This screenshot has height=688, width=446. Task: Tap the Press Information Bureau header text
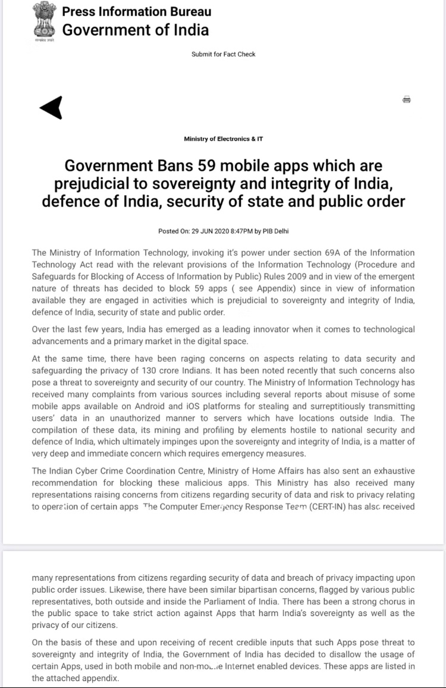pos(136,11)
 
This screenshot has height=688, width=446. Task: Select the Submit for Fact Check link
pos(223,54)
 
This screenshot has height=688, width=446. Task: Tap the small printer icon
pos(407,99)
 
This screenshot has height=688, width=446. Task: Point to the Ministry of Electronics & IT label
pos(223,139)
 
